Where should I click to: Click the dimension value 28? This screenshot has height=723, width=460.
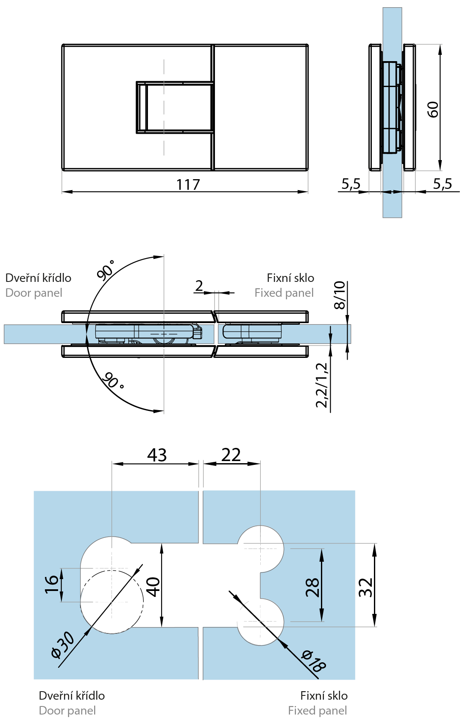tap(312, 587)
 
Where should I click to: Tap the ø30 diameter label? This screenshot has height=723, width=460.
tap(62, 645)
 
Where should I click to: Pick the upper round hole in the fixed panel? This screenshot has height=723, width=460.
tap(260, 548)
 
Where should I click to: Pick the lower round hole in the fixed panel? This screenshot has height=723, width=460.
tap(260, 622)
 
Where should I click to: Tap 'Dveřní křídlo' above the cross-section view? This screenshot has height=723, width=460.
tap(38, 278)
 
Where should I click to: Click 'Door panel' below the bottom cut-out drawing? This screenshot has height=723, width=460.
tap(67, 710)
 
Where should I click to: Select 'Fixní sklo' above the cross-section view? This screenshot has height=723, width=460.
tap(290, 278)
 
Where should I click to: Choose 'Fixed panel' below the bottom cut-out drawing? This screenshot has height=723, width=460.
tap(317, 710)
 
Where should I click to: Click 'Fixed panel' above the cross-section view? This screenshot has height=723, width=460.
tap(284, 293)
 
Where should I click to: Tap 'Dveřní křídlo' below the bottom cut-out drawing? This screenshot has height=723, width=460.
tap(72, 695)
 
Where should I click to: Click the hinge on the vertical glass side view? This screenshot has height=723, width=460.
tap(392, 107)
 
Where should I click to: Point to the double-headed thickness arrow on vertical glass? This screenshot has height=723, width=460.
tap(392, 192)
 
